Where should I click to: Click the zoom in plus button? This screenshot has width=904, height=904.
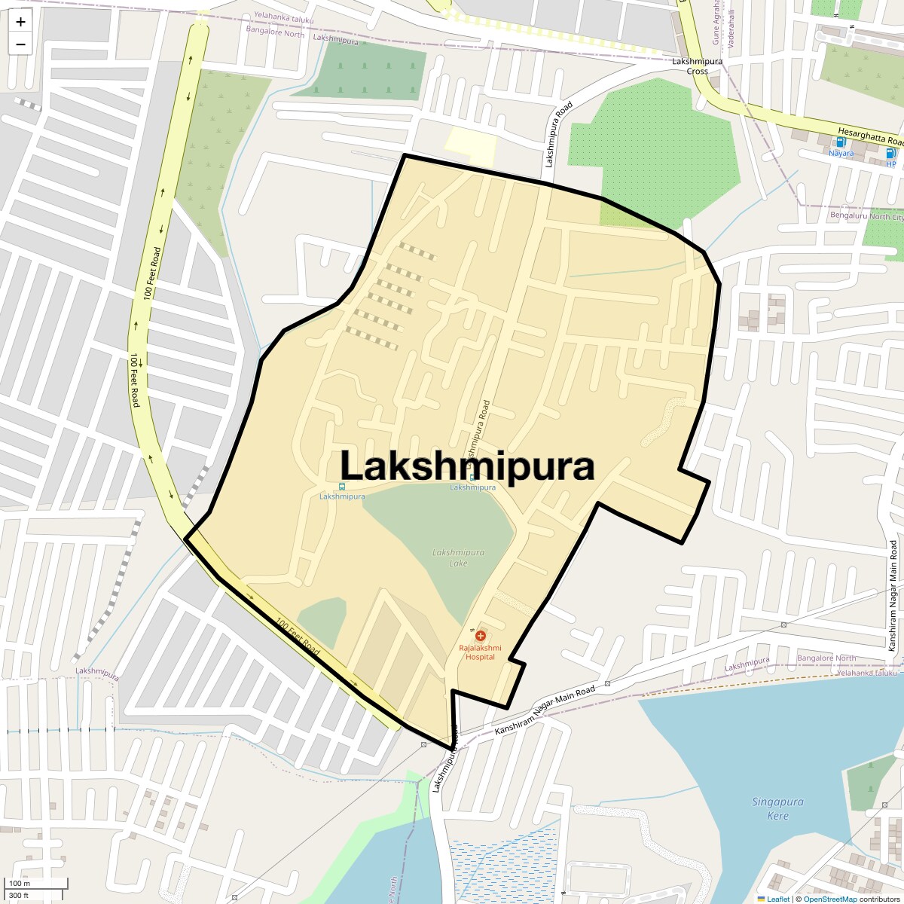[20, 22]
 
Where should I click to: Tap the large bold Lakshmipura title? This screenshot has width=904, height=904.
[467, 466]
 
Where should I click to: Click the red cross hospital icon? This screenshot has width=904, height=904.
[480, 637]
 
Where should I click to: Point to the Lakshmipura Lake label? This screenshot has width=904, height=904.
[458, 557]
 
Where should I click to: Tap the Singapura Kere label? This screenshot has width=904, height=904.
[777, 808]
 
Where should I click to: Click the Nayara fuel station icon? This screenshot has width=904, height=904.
[841, 142]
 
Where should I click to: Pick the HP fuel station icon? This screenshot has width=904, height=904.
[891, 153]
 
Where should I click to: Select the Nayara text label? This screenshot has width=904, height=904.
[841, 154]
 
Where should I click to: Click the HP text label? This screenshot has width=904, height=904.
[891, 164]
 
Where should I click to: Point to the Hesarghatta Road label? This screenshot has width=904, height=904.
[874, 136]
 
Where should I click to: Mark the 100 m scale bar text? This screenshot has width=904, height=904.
[20, 884]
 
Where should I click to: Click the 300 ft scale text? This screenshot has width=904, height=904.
[19, 896]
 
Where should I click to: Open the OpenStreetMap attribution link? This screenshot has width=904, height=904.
[829, 899]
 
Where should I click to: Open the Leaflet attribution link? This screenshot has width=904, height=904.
[778, 899]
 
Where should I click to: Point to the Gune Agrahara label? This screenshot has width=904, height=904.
[716, 21]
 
